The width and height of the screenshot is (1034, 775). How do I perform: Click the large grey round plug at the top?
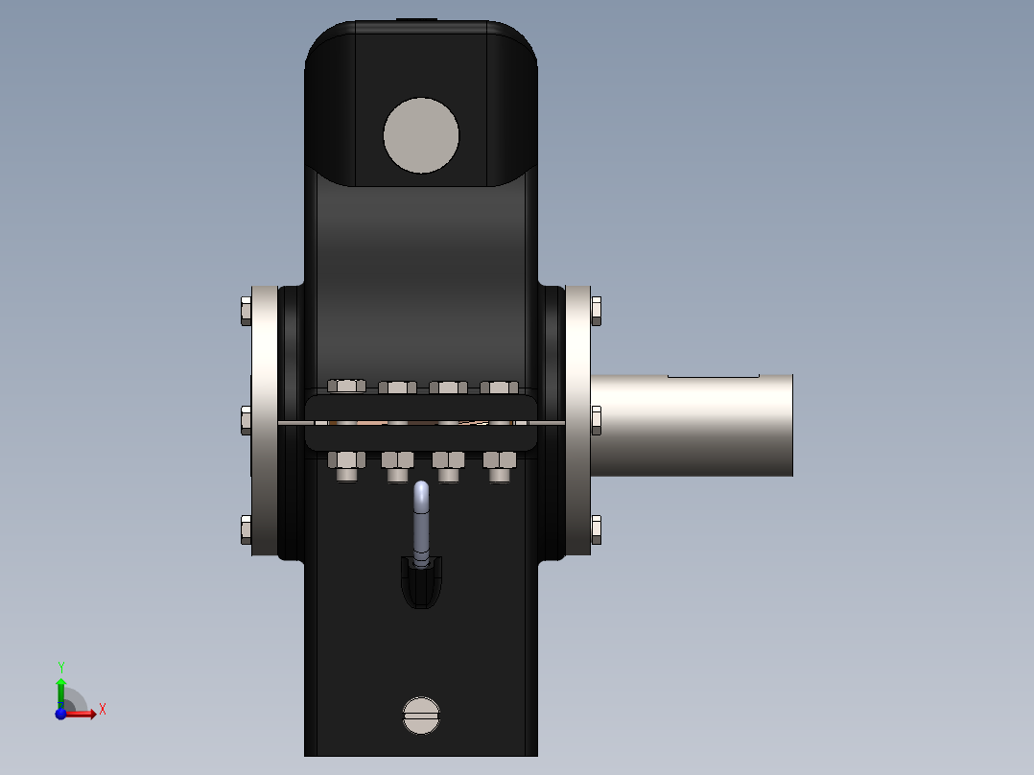click(421, 135)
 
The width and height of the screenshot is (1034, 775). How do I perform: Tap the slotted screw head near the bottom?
click(421, 715)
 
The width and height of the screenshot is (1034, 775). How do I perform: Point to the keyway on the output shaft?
click(713, 375)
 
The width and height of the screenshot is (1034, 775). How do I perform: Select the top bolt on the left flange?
click(244, 311)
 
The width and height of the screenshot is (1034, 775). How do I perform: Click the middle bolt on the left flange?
click(244, 419)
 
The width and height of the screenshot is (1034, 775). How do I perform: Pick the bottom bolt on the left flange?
click(244, 529)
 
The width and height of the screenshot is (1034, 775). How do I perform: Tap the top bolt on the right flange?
click(597, 311)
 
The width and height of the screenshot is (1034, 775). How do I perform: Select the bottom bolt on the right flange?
click(597, 529)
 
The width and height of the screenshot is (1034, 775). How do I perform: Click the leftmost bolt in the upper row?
click(346, 386)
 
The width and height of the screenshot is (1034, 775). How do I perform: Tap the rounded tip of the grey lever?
click(421, 489)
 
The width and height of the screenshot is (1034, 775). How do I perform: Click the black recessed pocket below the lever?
click(421, 585)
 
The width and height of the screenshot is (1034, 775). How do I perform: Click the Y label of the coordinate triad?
click(61, 667)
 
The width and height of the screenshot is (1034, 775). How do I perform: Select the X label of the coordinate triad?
click(103, 710)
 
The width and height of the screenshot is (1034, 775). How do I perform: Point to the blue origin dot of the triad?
click(60, 713)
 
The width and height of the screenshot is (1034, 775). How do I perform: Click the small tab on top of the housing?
click(416, 19)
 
